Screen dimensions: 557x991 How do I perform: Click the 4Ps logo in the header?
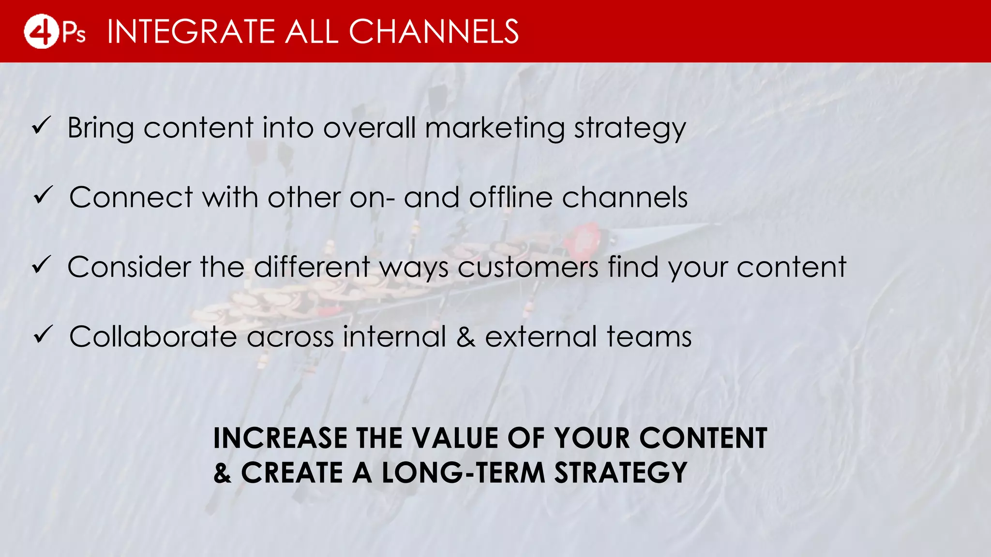[54, 31]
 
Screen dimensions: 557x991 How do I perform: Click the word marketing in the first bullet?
[495, 129]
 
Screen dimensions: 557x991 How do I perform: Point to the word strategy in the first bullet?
[630, 129]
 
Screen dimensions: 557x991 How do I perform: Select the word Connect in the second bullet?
[131, 197]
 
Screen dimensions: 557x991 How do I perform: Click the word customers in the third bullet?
[528, 267]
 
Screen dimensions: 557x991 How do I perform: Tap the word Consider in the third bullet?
[129, 267]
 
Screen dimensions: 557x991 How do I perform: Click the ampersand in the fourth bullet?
[465, 337]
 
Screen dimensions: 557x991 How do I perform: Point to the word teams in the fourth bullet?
[649, 337]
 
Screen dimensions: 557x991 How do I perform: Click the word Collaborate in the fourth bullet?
[153, 337]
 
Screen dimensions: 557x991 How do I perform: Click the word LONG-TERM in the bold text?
[463, 472]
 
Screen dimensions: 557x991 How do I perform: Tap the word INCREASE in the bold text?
[280, 438]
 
